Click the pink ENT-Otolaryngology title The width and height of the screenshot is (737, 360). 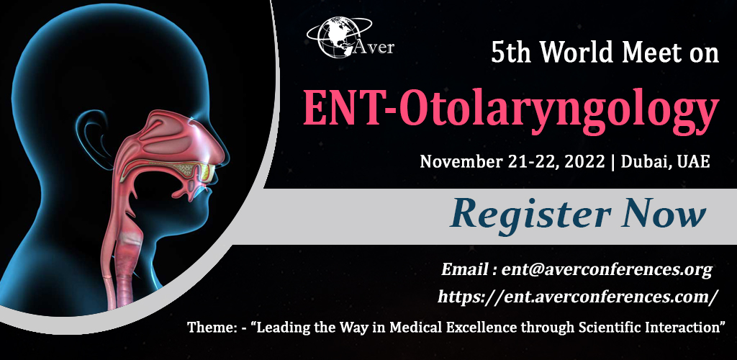(x=511, y=108)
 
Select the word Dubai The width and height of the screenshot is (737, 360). (x=642, y=161)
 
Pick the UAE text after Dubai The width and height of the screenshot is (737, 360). (x=693, y=161)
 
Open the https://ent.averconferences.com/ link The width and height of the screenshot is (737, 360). (x=578, y=296)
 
